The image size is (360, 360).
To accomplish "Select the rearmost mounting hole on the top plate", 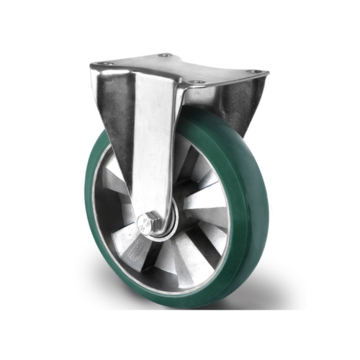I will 166,55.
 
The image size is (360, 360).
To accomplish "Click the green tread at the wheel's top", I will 216,126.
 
